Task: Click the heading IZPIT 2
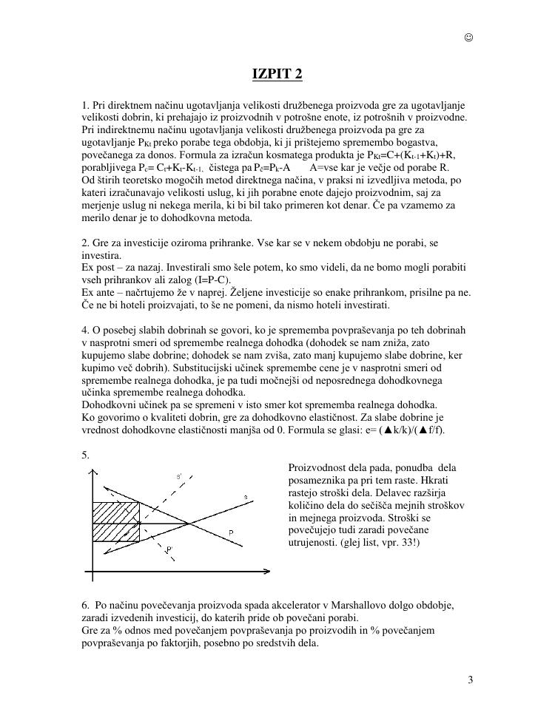point(277,75)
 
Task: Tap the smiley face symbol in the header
point(468,38)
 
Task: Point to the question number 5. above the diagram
point(86,455)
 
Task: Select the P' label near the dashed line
point(170,549)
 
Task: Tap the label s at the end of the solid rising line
point(245,496)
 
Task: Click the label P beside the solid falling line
point(232,532)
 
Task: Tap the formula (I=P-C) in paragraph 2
point(212,280)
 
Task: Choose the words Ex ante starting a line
point(99,292)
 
